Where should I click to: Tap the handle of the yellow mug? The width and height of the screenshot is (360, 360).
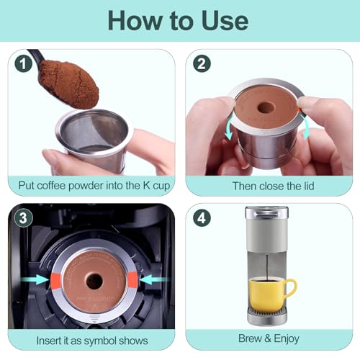(x=290, y=289)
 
